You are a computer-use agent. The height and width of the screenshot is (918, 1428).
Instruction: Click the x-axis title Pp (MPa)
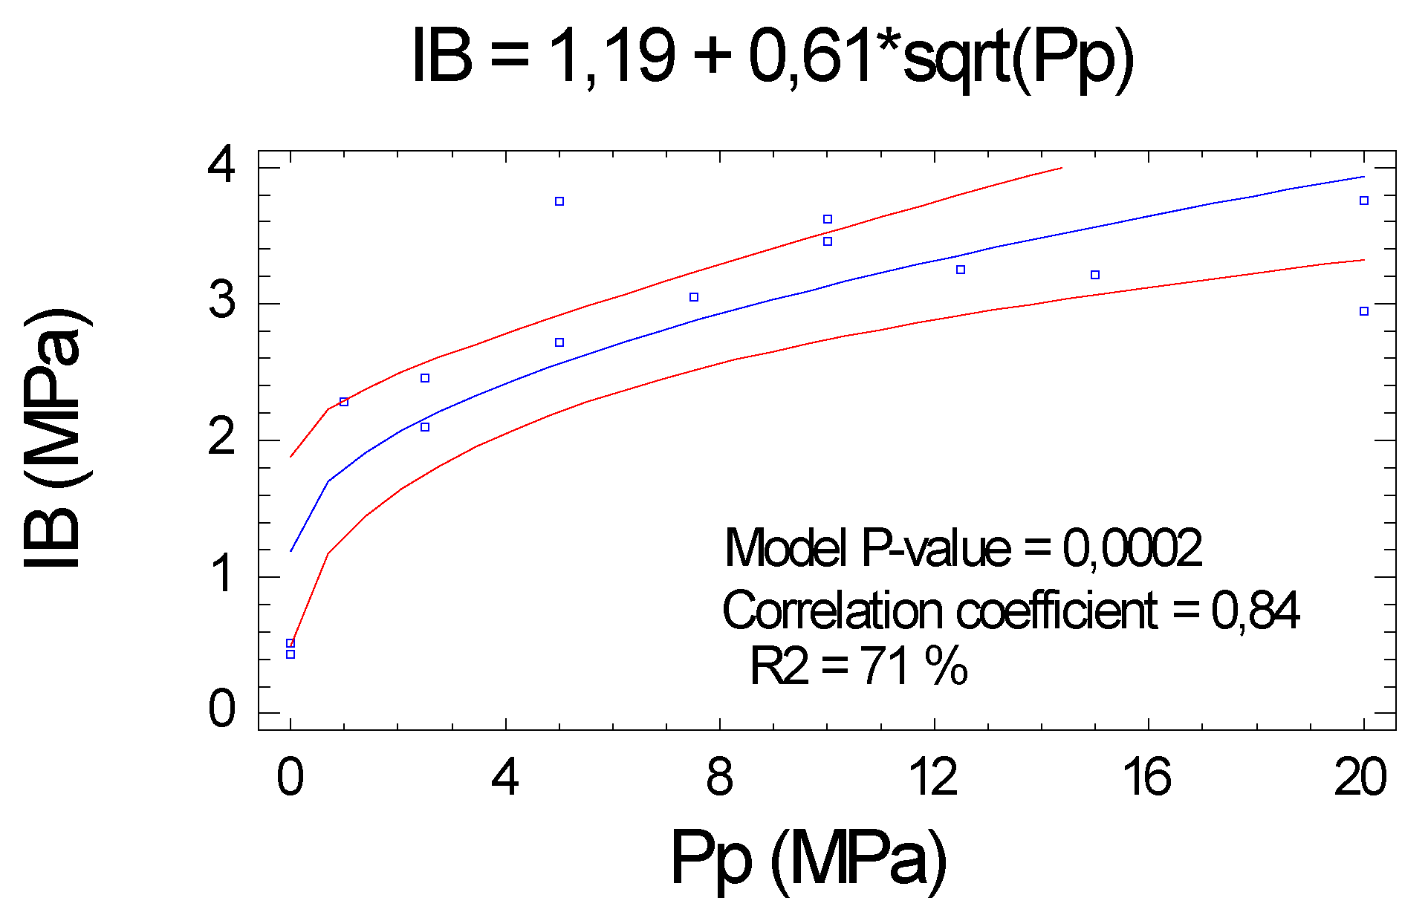[808, 858]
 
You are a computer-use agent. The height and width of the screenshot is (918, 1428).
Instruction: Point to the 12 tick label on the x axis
[933, 778]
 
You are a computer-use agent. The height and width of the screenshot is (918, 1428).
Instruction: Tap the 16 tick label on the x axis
[1147, 778]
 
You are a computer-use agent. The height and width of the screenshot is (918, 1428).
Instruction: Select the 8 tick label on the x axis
[719, 778]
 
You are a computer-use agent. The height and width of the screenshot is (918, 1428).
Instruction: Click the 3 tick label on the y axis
[222, 301]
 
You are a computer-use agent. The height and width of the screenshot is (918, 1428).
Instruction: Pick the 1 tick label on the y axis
[222, 574]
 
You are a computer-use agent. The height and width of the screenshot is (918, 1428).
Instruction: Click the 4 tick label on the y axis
[222, 165]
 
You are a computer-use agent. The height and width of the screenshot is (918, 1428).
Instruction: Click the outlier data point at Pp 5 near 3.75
[559, 201]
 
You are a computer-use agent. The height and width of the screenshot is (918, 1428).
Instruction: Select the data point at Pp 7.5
[694, 297]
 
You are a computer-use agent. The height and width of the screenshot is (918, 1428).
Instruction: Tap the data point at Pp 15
[1095, 275]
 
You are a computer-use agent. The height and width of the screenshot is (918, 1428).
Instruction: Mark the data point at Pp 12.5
[961, 270]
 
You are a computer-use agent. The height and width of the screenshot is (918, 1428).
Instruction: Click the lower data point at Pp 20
[1364, 311]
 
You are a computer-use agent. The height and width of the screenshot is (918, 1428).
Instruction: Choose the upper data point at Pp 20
[1364, 201]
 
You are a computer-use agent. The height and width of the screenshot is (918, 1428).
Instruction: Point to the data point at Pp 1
[344, 402]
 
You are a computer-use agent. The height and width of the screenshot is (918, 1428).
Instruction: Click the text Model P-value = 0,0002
[963, 548]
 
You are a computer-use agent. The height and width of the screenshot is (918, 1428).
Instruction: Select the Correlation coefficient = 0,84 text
[1010, 611]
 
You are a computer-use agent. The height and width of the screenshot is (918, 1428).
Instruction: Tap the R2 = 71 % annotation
[858, 665]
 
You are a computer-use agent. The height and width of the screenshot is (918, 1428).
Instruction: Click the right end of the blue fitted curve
[1363, 177]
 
